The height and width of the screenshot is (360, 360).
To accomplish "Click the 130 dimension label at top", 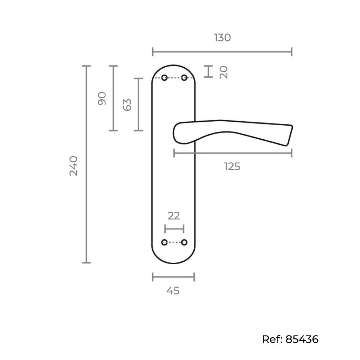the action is (222, 38).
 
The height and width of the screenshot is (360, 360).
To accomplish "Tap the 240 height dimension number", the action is (74, 166).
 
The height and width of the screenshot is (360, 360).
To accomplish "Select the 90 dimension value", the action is (102, 99).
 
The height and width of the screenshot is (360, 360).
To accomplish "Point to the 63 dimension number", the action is (127, 105).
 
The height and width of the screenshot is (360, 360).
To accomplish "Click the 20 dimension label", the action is (224, 72).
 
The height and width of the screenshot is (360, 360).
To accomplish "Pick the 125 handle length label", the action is (232, 167).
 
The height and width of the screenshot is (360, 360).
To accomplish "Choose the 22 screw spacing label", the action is (174, 216).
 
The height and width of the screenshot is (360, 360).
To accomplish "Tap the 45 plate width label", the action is (173, 291).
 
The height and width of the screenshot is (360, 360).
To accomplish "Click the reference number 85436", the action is (302, 339).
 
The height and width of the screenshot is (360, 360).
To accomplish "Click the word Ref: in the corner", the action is (272, 339).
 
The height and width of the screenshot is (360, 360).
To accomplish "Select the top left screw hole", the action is (165, 78).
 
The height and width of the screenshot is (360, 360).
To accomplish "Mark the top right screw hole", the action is (184, 78).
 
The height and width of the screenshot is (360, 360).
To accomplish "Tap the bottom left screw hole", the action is (165, 242).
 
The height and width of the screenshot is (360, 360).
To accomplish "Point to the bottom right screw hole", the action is (184, 242).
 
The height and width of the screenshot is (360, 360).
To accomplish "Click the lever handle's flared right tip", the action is (289, 135).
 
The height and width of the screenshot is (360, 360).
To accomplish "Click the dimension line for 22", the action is (174, 229).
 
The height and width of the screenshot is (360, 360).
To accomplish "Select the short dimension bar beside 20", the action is (208, 71).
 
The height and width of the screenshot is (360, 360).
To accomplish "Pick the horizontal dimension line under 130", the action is (222, 52).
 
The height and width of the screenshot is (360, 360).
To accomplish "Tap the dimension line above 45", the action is (174, 277).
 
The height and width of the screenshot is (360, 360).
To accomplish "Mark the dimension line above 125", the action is (233, 153).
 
